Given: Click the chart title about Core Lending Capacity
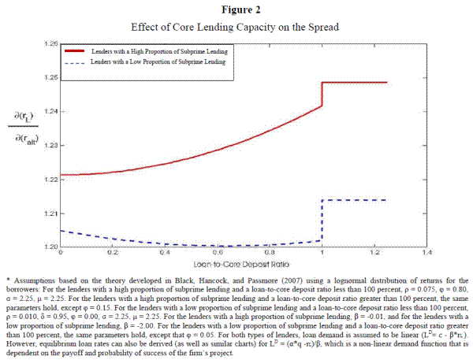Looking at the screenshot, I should pyautogui.click(x=236, y=28).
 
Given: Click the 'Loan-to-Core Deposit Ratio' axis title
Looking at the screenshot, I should pyautogui.click(x=244, y=263).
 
